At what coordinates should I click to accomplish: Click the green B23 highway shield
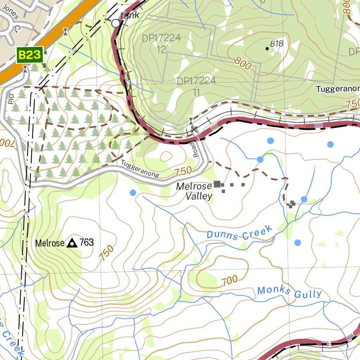tap(30, 55)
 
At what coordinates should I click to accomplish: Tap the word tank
tap(130, 15)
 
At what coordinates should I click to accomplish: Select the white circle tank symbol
tap(116, 24)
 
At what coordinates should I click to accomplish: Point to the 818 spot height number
tap(277, 44)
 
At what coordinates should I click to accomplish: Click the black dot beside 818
tap(267, 49)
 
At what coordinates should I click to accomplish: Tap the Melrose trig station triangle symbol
tap(72, 243)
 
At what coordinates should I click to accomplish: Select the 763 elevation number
tap(86, 243)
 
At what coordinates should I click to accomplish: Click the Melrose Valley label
tap(194, 191)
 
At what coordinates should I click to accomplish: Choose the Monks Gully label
tap(289, 292)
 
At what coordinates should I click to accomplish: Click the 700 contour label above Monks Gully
tap(230, 280)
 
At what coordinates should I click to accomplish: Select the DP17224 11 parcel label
tap(196, 86)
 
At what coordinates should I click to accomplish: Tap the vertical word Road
tap(195, 150)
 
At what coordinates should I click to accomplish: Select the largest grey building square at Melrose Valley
tap(217, 184)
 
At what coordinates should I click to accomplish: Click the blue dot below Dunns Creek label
tap(298, 243)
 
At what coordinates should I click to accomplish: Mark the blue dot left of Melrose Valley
tap(133, 193)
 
